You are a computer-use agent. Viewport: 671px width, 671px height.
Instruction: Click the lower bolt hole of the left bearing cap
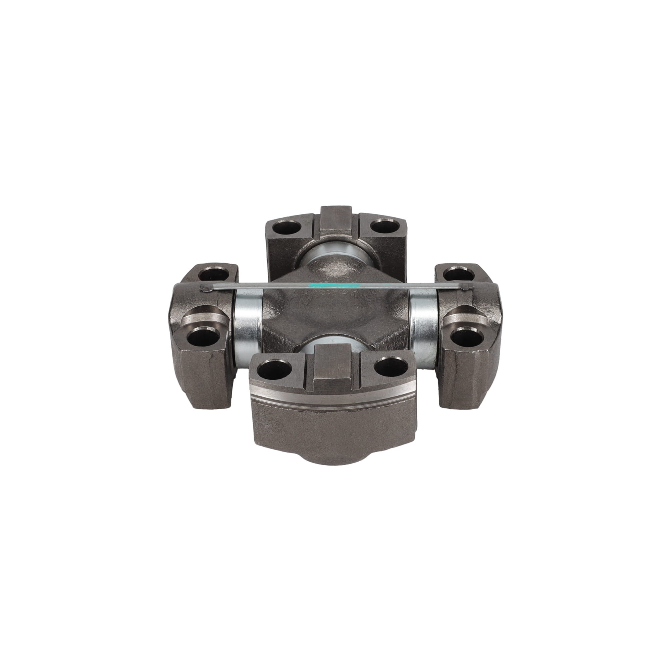tap(203, 337)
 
